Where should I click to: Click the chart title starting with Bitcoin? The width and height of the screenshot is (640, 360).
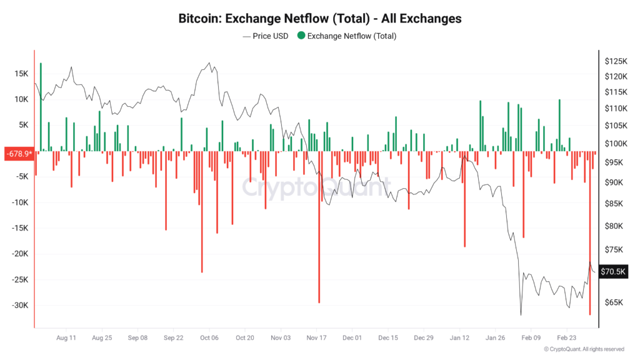tap(320, 19)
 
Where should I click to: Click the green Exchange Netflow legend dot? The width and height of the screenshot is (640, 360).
tap(301, 36)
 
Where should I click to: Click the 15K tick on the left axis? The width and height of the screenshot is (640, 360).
tap(21, 74)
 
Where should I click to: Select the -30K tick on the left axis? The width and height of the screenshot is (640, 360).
tap(19, 306)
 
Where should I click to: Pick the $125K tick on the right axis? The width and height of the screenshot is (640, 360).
tap(616, 61)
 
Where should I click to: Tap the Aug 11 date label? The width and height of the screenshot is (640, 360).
tap(66, 337)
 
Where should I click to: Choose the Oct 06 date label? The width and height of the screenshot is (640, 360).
tap(209, 337)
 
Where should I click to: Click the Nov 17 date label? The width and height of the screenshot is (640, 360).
tap(317, 337)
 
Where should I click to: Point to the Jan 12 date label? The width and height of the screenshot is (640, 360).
tap(460, 337)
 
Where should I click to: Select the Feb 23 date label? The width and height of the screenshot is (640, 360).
tap(567, 337)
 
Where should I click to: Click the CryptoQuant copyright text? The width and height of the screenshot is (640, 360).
tap(584, 349)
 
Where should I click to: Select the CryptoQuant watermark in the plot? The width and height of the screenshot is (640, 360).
tap(316, 186)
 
